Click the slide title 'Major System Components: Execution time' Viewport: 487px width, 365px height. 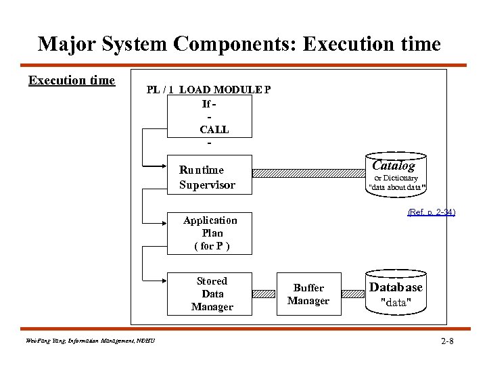click(x=239, y=44)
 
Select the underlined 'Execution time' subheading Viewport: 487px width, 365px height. click(x=72, y=80)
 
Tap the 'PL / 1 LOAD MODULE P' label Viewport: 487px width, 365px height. click(x=209, y=90)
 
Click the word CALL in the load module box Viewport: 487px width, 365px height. click(x=214, y=129)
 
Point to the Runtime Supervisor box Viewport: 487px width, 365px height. click(x=208, y=177)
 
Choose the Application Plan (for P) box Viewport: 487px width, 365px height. click(x=210, y=233)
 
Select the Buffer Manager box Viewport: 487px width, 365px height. click(x=308, y=294)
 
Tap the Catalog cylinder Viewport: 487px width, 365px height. click(x=396, y=174)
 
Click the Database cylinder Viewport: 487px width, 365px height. click(x=396, y=293)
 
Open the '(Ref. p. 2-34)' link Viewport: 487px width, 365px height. click(x=431, y=212)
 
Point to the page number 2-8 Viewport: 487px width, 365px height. click(x=446, y=341)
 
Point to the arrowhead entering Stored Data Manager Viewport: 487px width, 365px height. click(x=164, y=278)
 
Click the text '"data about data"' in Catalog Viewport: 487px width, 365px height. click(x=396, y=187)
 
